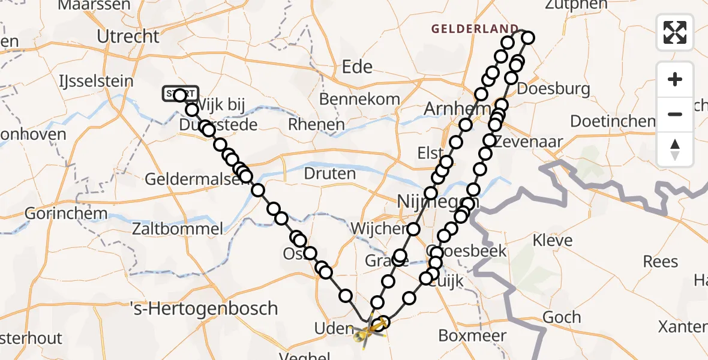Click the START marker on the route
[179, 94]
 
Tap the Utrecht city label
[128, 37]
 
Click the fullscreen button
[675, 32]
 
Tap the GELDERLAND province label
[475, 28]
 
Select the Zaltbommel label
[178, 228]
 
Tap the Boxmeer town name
[473, 335]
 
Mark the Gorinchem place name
[66, 214]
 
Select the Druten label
[330, 174]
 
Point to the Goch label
[561, 317]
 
